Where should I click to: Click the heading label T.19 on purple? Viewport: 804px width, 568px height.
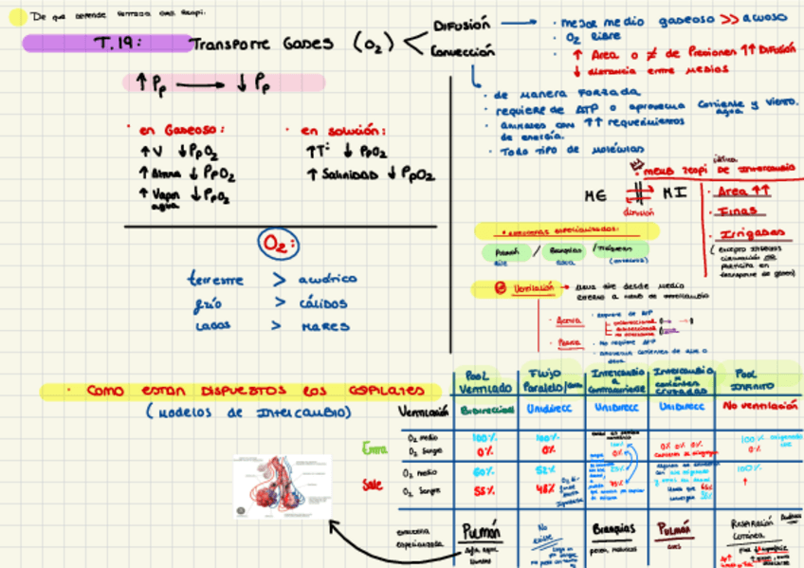119,43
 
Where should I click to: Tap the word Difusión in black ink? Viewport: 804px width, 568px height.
462,26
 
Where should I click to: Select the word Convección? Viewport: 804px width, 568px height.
463,53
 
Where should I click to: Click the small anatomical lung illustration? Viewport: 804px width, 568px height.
282,486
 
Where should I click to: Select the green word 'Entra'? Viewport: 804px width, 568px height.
375,448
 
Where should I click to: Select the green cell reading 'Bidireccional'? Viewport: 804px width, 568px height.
485,409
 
